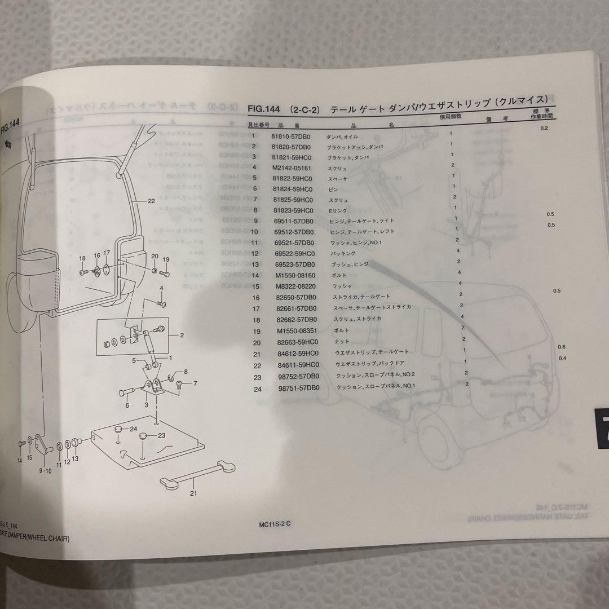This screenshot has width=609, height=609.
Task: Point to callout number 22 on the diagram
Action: [x=152, y=200]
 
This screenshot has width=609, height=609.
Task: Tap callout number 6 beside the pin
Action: [x=127, y=404]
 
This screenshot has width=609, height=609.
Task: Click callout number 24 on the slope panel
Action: [x=134, y=429]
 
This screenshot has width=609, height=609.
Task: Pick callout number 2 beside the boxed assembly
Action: [x=182, y=335]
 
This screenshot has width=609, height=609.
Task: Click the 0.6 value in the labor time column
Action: [x=561, y=346]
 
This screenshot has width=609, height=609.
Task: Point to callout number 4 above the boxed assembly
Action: [x=161, y=288]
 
